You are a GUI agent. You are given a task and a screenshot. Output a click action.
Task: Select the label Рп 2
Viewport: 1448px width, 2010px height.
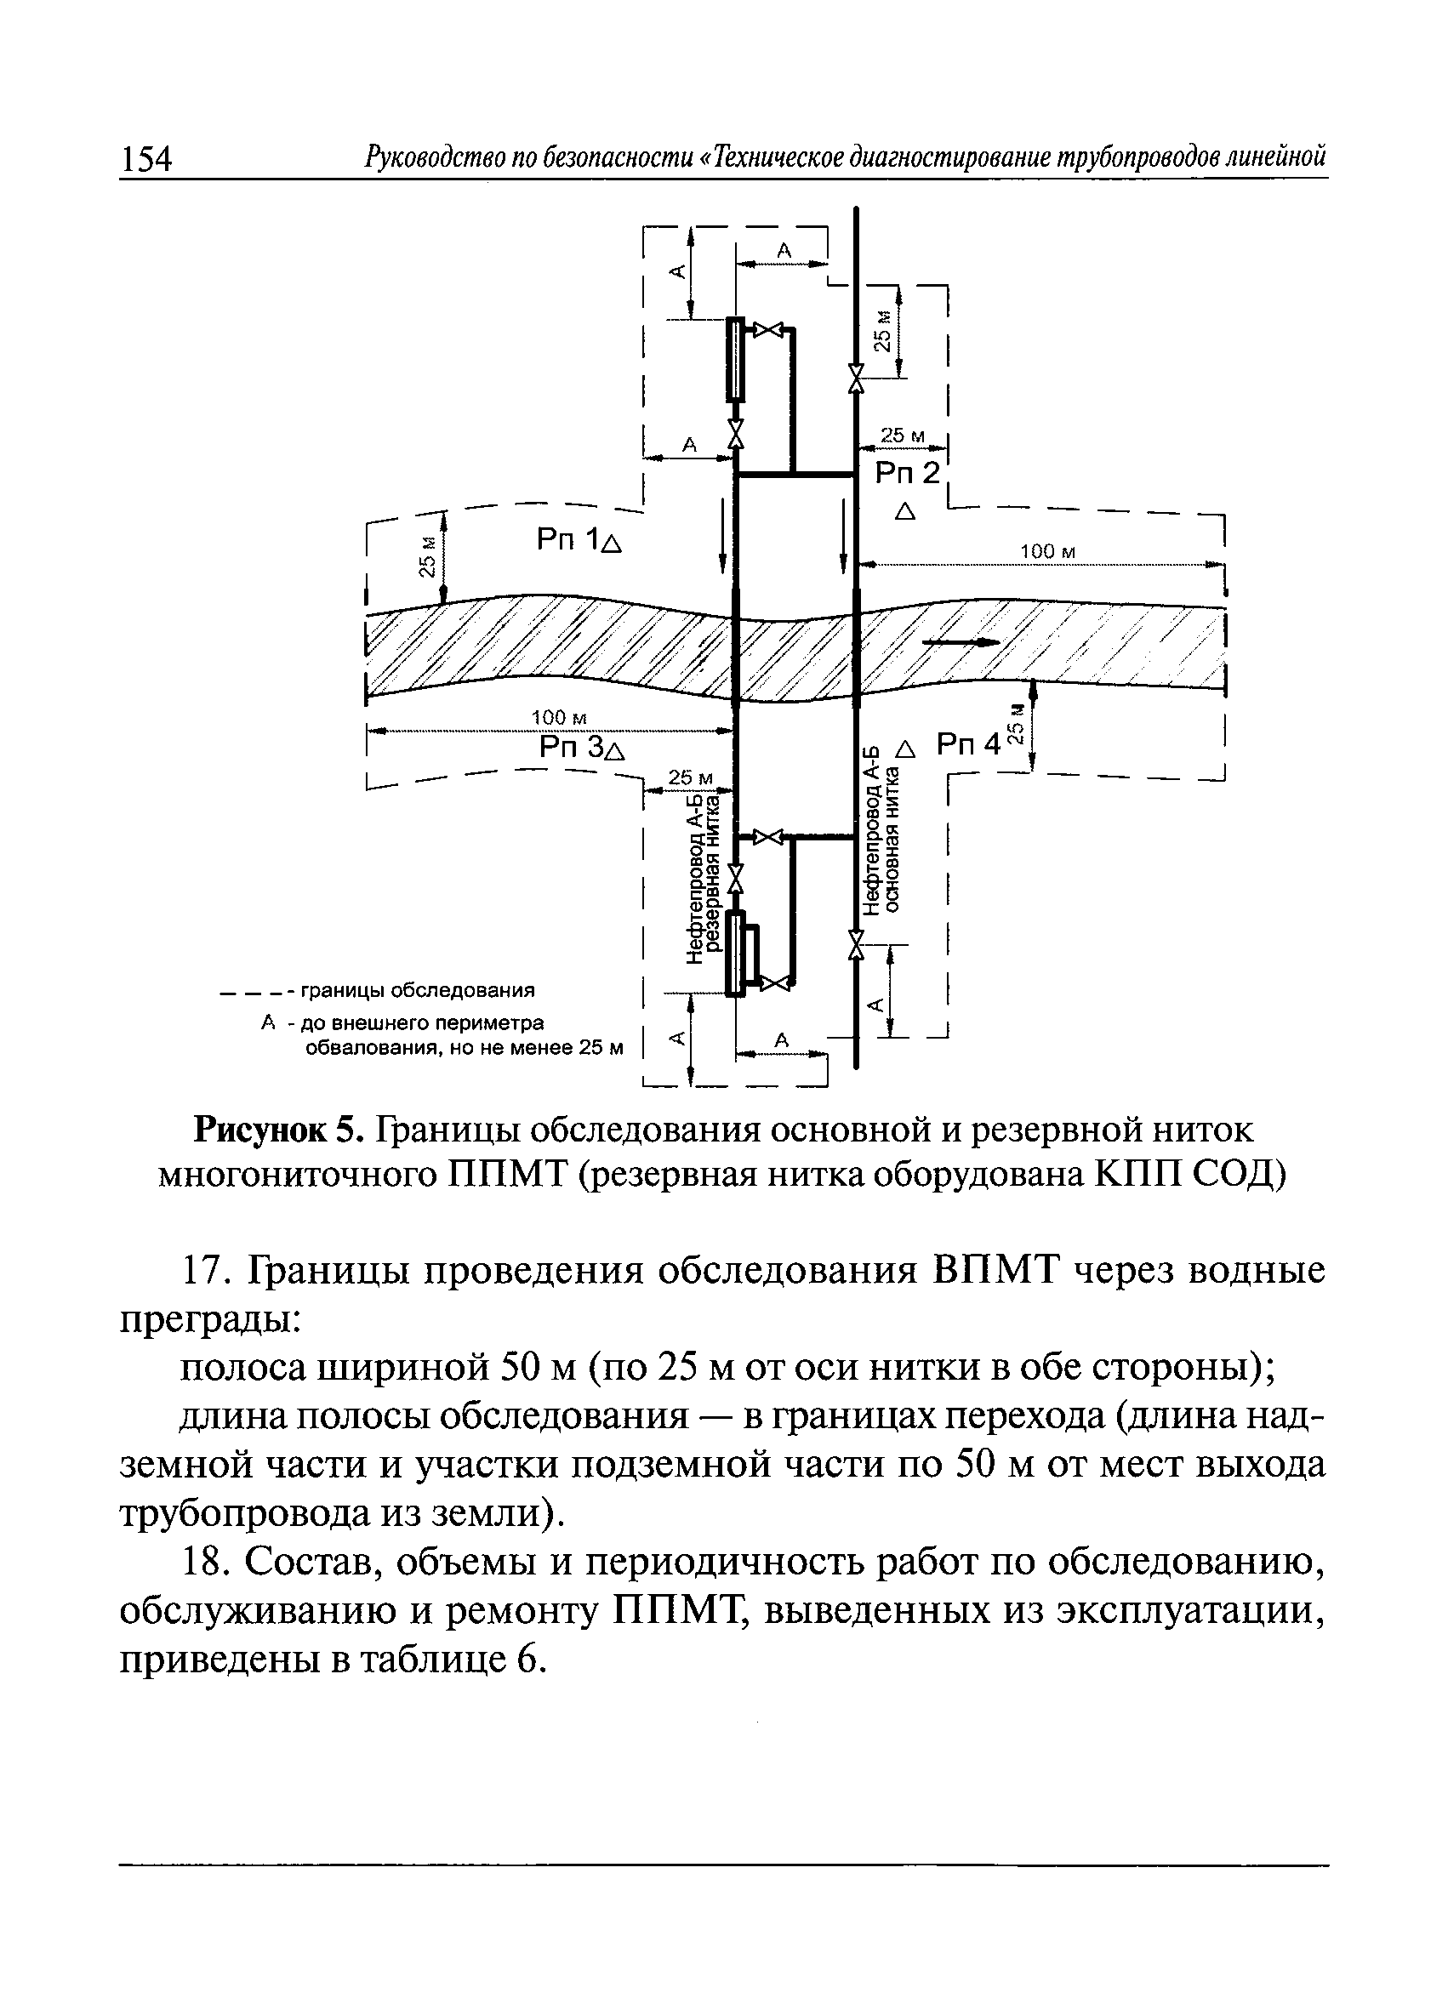pyautogui.click(x=906, y=474)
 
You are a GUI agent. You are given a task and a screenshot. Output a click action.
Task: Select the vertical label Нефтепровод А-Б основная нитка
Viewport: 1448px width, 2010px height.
pyautogui.click(x=882, y=828)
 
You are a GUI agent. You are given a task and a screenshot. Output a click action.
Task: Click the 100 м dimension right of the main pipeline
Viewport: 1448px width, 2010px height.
pyautogui.click(x=1046, y=552)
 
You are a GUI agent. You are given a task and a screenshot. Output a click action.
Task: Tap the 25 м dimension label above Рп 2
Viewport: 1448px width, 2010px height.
pyautogui.click(x=902, y=436)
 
